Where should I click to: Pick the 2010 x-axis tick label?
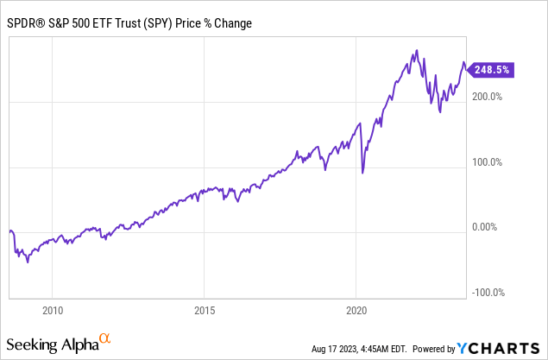pos(54,309)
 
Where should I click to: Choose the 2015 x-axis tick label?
pos(205,309)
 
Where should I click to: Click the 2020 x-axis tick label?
pos(357,309)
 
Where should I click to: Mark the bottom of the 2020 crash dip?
pos(362,174)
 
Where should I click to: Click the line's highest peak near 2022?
pos(418,51)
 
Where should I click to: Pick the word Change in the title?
pos(231,23)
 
